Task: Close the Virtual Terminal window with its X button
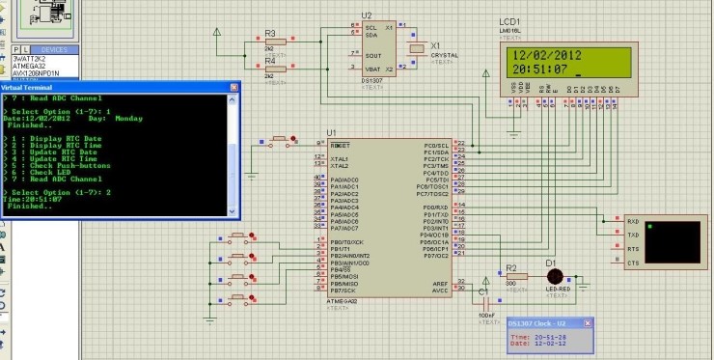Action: click(x=233, y=86)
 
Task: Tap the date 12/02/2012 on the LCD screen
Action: click(x=545, y=56)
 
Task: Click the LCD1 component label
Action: click(x=510, y=22)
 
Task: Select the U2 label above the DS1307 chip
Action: click(x=366, y=15)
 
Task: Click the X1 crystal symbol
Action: click(x=417, y=48)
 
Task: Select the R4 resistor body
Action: click(x=270, y=70)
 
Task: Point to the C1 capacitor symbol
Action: click(x=484, y=293)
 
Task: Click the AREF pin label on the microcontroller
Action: click(x=440, y=283)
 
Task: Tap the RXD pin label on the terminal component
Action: click(x=633, y=220)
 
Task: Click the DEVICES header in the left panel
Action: click(x=54, y=48)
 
